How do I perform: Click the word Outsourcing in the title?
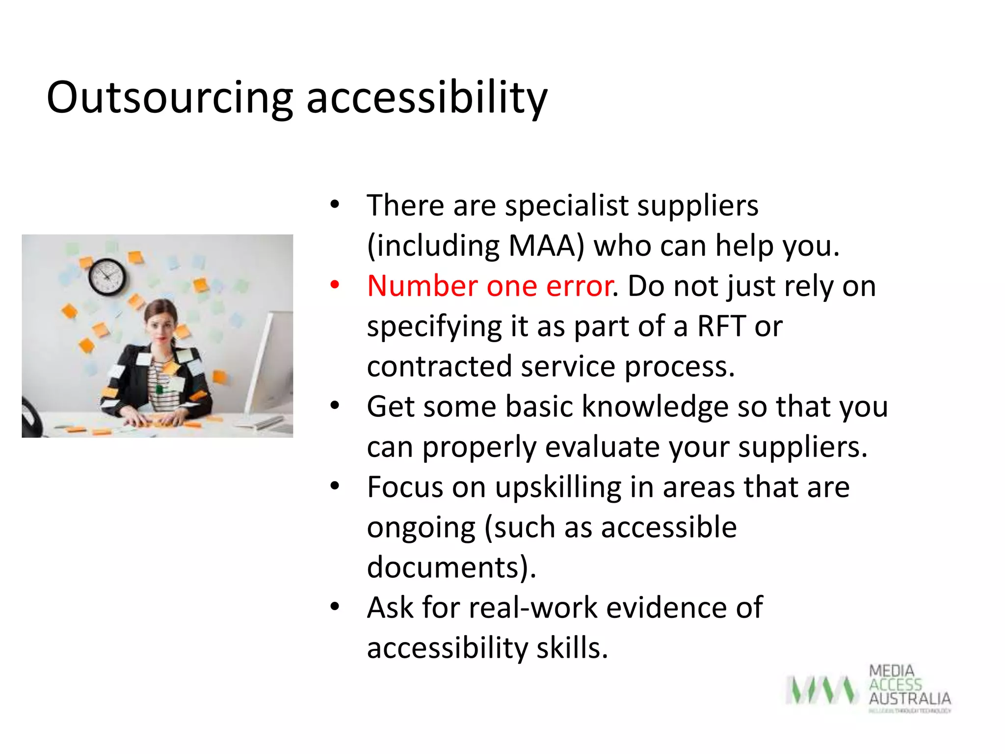[170, 98]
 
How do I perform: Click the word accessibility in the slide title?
[426, 98]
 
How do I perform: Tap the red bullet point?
[335, 285]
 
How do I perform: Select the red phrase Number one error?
[490, 286]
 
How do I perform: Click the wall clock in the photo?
[107, 277]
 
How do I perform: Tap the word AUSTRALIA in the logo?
[909, 699]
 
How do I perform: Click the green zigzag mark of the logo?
[821, 690]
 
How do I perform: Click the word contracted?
[439, 367]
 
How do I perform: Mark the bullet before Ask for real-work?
[335, 607]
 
